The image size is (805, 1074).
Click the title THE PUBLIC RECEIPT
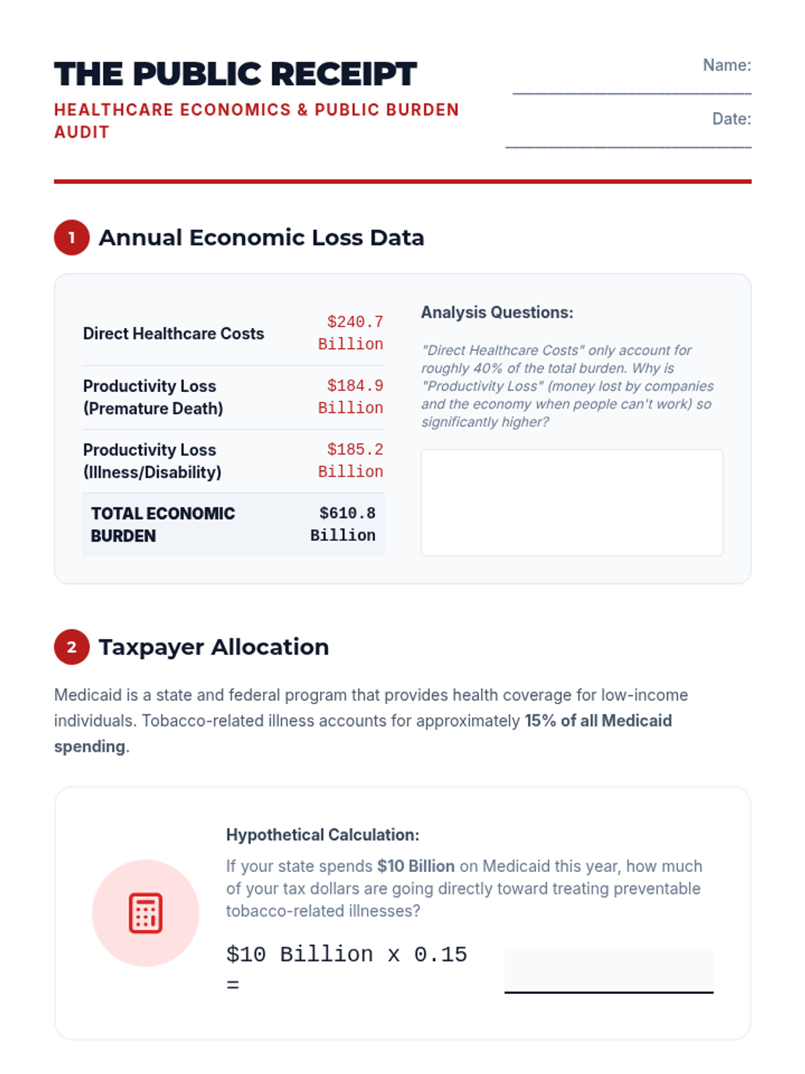point(235,74)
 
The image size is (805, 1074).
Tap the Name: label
point(727,65)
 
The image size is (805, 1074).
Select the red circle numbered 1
point(72,238)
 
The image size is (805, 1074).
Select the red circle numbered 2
point(72,647)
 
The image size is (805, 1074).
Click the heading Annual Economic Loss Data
point(261,238)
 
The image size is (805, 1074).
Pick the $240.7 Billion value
point(351,333)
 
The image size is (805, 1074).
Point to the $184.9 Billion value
point(351,397)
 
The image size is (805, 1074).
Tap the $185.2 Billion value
point(351,460)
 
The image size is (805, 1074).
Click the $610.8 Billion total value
point(343,524)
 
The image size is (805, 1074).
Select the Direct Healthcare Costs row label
point(174,334)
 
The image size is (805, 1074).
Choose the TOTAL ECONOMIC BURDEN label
point(163,524)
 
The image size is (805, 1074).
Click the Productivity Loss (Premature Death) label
point(153,397)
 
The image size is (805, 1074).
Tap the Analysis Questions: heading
point(497,312)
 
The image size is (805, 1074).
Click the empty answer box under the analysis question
point(572,502)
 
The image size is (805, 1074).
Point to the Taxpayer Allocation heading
point(213,647)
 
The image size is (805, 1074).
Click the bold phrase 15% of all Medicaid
point(598,721)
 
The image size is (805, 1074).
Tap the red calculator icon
point(146,913)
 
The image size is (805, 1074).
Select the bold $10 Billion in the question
point(416,866)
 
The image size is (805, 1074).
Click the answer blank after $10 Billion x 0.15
point(608,971)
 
